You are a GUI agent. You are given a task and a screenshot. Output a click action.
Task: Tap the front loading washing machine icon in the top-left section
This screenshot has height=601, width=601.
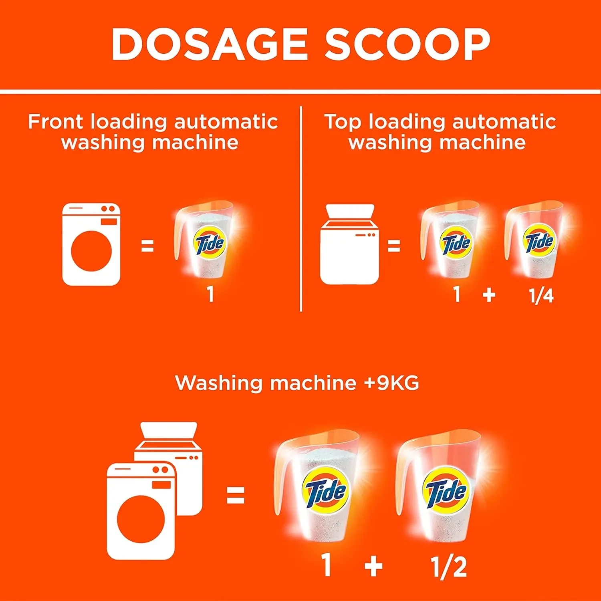coord(91,244)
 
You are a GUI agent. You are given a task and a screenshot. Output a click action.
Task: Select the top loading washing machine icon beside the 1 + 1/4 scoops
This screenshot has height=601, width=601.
coord(349,245)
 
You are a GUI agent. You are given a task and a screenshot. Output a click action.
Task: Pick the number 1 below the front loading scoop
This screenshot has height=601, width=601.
coord(210,294)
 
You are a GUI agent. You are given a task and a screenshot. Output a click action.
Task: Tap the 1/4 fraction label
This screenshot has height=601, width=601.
coord(541,296)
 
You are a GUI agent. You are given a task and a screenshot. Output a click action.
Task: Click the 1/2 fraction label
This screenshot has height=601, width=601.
coord(448,567)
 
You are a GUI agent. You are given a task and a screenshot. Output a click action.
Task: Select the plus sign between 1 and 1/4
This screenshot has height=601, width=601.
coord(489,295)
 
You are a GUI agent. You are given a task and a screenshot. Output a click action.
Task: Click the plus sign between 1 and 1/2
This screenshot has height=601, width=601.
coord(373,567)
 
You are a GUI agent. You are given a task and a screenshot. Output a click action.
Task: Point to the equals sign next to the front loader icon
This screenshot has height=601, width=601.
coord(147,246)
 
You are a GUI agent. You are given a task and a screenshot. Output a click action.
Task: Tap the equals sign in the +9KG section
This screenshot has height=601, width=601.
coord(235,496)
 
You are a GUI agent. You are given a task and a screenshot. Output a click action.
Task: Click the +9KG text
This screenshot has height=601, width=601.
coord(391,383)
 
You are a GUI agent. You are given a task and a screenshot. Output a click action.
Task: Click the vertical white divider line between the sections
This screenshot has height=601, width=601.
coord(300,208)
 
